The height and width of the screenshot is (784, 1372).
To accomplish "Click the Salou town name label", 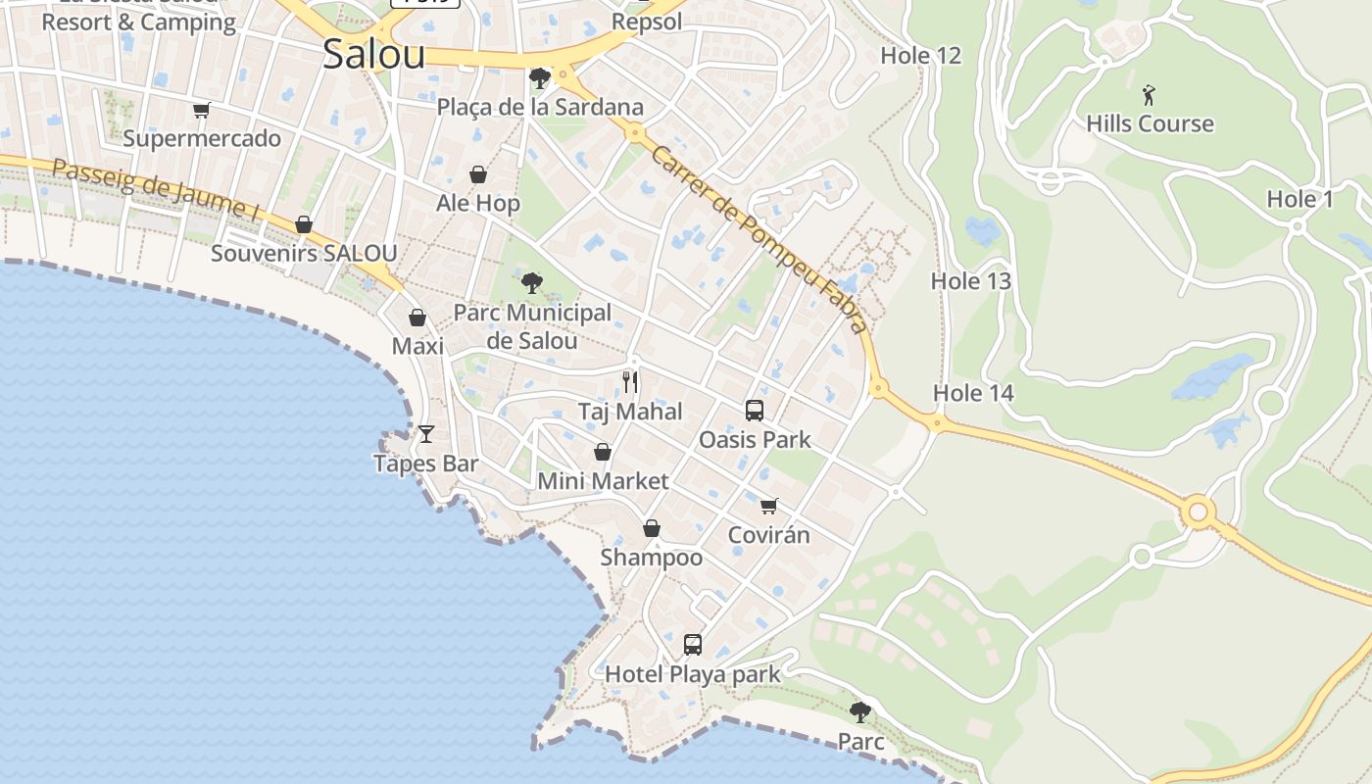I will [373, 54].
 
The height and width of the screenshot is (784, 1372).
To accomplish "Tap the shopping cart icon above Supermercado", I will [202, 110].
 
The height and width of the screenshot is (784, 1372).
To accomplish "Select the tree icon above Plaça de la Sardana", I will [539, 78].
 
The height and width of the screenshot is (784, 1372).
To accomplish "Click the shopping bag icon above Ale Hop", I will [478, 174].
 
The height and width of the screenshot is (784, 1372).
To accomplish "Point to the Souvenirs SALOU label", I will [304, 254].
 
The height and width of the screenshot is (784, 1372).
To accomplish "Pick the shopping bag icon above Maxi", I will [417, 318].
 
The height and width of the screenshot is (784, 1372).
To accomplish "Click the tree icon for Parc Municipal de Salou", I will [532, 284].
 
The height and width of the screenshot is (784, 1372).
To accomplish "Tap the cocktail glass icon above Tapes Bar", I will [426, 433].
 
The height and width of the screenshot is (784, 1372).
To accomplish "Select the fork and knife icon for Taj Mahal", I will [630, 382].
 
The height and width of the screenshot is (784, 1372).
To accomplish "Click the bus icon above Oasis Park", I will [755, 411].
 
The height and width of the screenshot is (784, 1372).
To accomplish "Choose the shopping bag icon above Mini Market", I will [603, 452].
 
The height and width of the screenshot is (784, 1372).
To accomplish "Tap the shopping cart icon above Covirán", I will [769, 506].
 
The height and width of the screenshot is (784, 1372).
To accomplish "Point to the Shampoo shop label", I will [652, 558].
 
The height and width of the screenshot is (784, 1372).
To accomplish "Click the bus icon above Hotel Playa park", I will [693, 644].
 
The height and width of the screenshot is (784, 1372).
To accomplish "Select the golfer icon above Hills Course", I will [1150, 95].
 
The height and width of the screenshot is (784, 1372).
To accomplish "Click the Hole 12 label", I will [920, 56].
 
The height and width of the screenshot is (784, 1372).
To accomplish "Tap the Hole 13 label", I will [970, 281].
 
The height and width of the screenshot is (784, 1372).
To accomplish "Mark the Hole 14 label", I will [973, 393].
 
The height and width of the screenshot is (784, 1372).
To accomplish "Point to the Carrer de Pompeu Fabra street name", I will [760, 240].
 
